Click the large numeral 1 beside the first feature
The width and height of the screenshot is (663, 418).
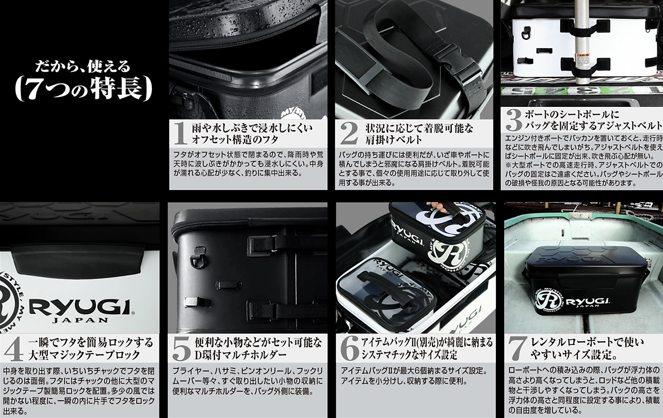click(180, 134)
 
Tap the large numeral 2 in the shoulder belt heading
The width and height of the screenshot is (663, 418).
click(349, 134)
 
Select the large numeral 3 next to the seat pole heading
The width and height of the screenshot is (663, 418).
click(514, 120)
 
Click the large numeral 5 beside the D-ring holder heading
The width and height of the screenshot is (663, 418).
click(181, 349)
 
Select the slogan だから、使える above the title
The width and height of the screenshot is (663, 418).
click(83, 67)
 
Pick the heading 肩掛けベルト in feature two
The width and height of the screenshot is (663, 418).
click(393, 140)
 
